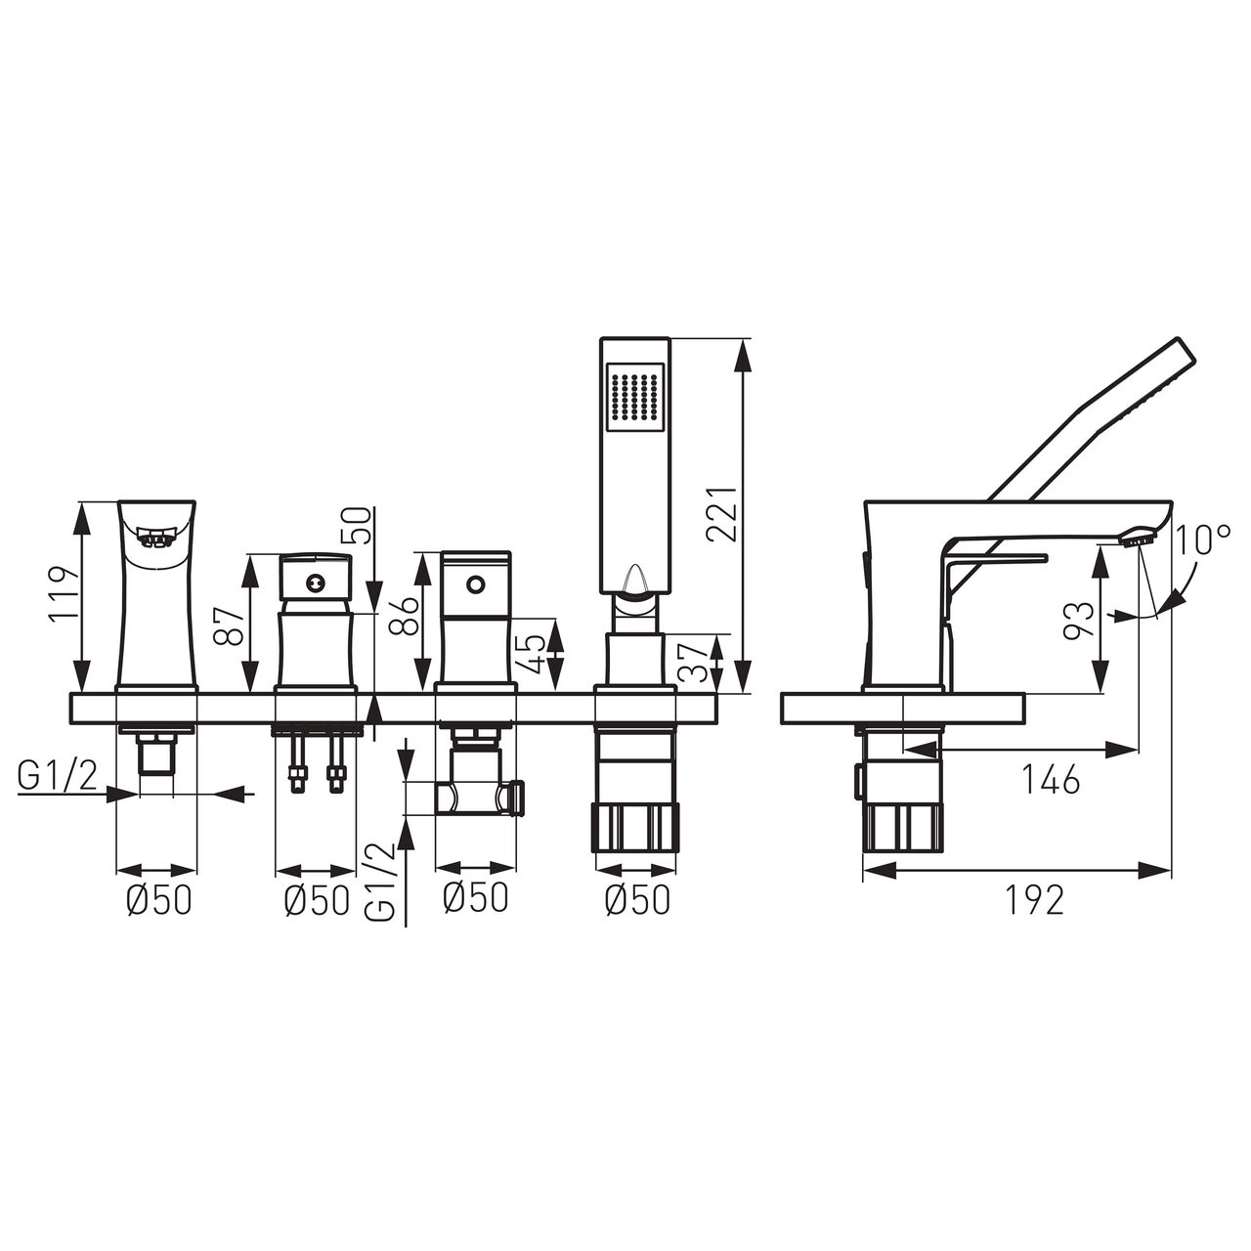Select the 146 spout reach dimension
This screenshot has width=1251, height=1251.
(x=1052, y=779)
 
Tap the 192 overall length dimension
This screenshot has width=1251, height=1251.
(x=1035, y=900)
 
